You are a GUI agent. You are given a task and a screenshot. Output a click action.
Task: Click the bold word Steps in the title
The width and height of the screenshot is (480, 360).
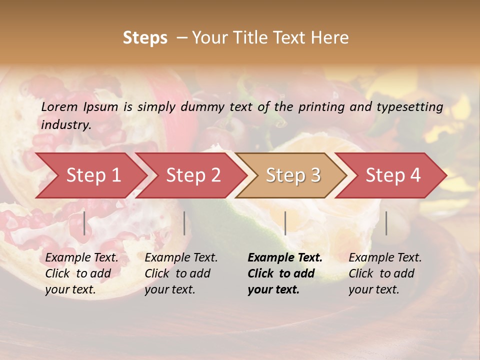(145, 38)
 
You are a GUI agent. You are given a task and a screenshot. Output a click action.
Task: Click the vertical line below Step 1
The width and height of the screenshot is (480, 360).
(84, 223)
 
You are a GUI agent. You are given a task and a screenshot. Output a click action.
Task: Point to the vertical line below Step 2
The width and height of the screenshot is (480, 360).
(184, 223)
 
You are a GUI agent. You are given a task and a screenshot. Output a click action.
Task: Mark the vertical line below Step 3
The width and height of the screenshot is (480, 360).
(285, 223)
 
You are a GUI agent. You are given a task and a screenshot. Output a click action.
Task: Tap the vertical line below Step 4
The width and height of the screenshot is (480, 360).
(386, 223)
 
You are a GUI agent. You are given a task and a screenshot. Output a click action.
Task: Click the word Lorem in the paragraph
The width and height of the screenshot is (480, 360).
(59, 106)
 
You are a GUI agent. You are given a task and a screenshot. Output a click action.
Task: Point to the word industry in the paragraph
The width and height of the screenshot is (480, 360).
(66, 125)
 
